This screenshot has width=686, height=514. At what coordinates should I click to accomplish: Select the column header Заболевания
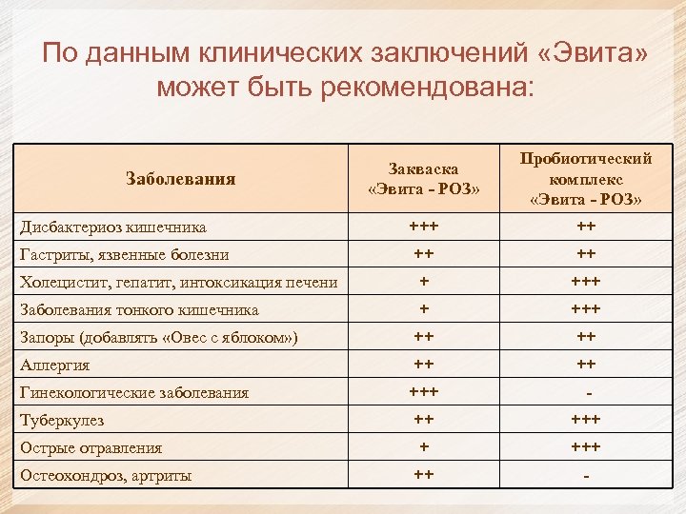(180, 178)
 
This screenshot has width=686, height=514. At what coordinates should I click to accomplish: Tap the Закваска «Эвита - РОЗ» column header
(423, 178)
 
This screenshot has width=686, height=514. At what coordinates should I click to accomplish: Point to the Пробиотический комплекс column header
(586, 178)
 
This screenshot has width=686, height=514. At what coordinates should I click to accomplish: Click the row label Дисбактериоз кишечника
(113, 227)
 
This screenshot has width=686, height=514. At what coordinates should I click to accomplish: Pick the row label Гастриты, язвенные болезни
(129, 255)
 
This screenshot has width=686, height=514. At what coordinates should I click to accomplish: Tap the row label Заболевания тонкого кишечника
(139, 309)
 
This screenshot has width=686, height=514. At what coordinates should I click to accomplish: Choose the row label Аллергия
(55, 365)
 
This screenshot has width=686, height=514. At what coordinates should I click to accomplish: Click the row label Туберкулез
(62, 420)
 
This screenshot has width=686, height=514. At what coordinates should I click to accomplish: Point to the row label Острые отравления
(91, 447)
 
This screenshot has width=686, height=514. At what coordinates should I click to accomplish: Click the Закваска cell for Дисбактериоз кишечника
(423, 227)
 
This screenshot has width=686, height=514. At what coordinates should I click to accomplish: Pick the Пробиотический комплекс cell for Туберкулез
(586, 420)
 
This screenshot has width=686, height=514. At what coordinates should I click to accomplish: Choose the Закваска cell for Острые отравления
(423, 447)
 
